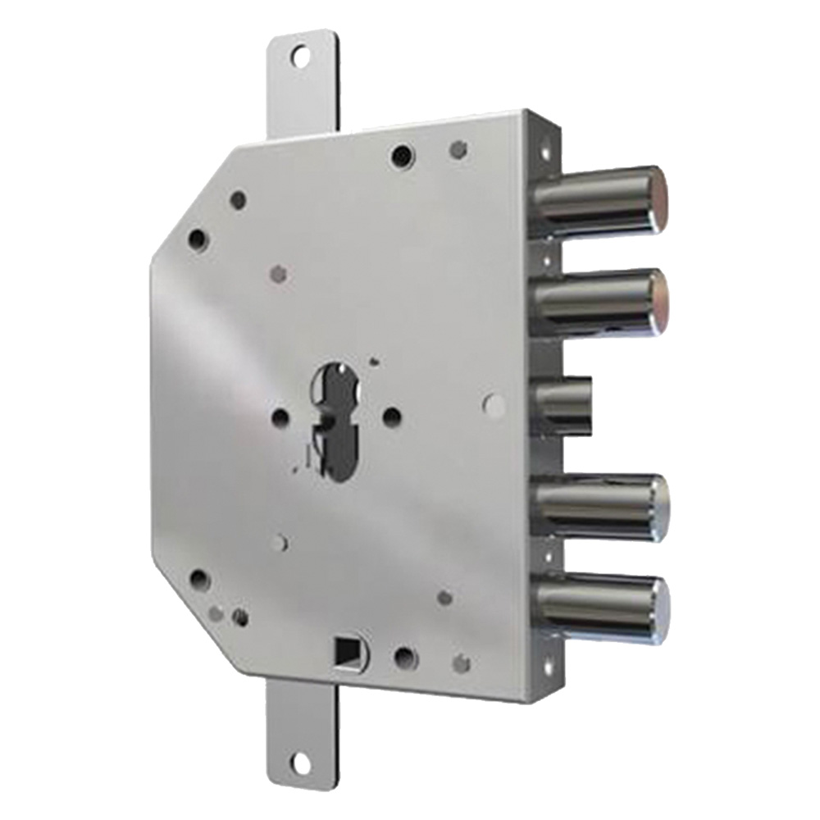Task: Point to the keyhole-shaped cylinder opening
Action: [337, 419]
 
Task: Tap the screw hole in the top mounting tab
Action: [302, 57]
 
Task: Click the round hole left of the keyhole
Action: [280, 417]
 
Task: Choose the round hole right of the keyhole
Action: [392, 417]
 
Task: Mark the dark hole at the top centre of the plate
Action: [401, 153]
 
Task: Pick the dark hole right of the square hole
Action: [403, 656]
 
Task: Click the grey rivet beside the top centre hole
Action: [459, 148]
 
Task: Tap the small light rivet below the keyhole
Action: [281, 542]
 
